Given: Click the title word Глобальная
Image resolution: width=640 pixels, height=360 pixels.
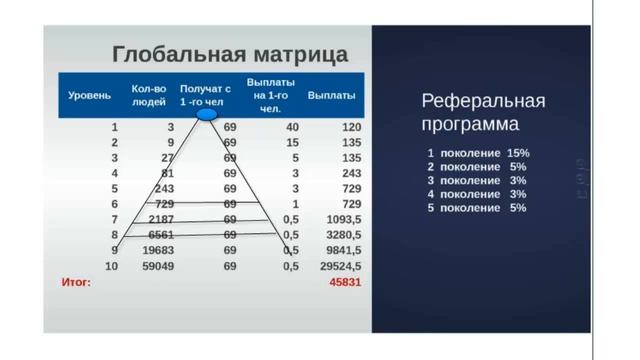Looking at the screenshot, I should (x=166, y=53).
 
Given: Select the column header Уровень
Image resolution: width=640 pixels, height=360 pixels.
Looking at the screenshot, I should (x=89, y=96).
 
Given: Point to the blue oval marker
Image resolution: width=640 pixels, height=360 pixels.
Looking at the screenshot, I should (x=208, y=116).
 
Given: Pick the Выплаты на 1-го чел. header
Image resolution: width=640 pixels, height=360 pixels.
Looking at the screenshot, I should (x=267, y=95).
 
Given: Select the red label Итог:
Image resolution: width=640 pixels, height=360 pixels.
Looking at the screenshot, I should (x=77, y=282).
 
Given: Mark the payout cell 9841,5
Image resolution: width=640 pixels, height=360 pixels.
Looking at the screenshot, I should (x=342, y=250).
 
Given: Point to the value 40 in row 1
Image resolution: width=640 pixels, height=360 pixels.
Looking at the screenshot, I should (x=292, y=128).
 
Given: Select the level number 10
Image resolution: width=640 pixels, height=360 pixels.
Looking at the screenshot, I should (x=112, y=265).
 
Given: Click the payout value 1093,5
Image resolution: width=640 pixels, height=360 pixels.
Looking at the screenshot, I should (x=342, y=219).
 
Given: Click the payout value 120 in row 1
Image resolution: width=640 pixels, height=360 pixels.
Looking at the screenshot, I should (x=350, y=128).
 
